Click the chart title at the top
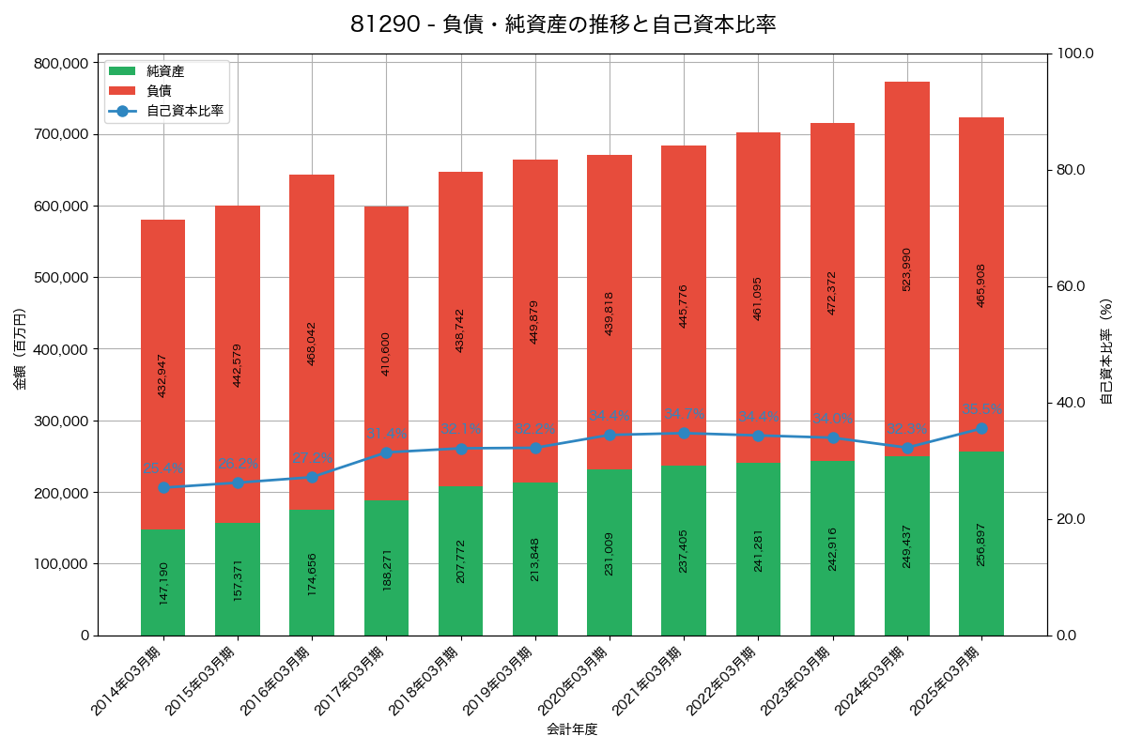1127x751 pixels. (x=563, y=24)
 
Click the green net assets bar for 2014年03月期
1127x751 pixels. (x=163, y=582)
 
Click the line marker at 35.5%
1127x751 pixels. (x=981, y=428)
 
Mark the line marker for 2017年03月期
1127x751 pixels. (x=386, y=452)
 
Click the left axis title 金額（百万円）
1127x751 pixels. (x=20, y=348)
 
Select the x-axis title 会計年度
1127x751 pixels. (x=572, y=728)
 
